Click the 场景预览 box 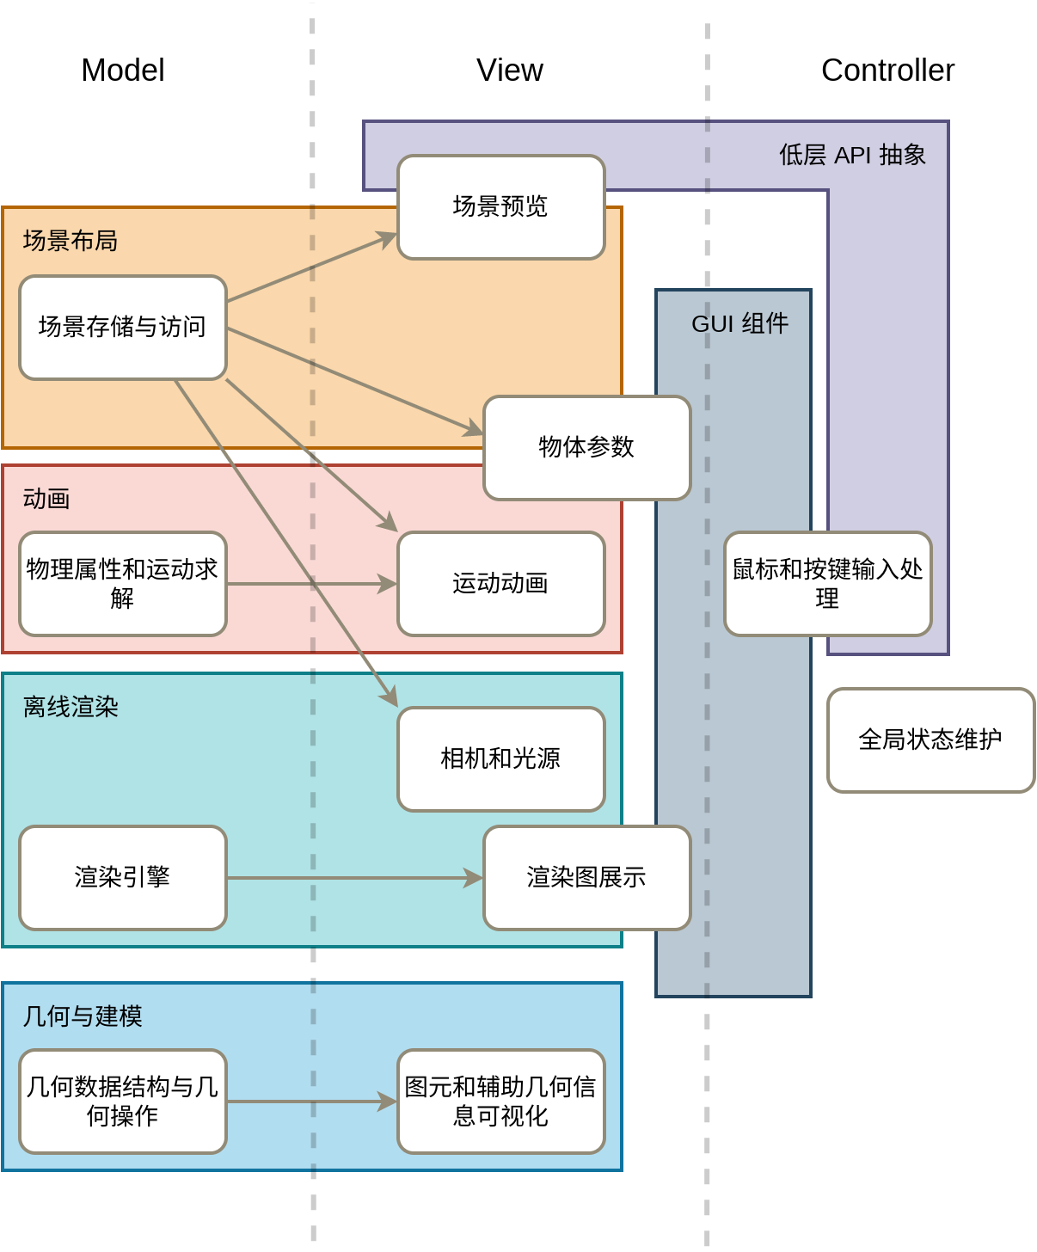pos(501,207)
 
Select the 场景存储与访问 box pos(123,328)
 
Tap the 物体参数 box pos(587,448)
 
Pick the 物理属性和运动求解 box pos(123,584)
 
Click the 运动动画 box pos(501,584)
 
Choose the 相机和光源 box pos(501,759)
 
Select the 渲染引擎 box pos(123,878)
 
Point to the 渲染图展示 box pos(587,878)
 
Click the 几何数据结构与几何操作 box pos(123,1102)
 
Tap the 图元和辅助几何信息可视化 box pos(501,1102)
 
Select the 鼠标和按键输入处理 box pos(828,584)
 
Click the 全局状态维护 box pos(931,740)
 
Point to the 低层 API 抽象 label pos(852,155)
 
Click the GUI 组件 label pos(739,324)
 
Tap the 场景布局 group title pos(71,241)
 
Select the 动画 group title pos(46,499)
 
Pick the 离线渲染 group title pos(71,707)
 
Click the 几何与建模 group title pos(83,1016)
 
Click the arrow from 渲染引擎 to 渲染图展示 pos(353,878)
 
